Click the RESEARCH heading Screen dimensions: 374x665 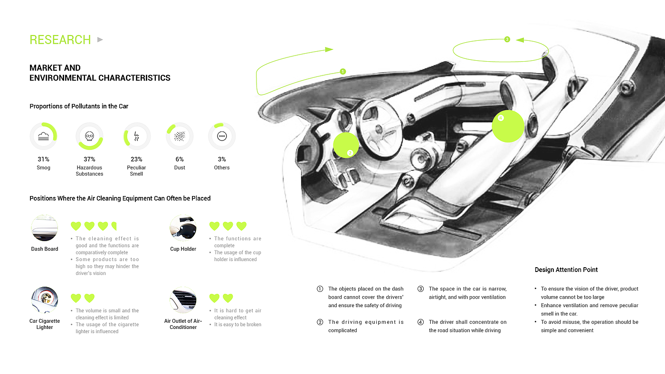[60, 40]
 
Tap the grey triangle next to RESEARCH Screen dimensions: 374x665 [100, 39]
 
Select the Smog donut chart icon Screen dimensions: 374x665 [43, 136]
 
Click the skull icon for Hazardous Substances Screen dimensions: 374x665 [89, 136]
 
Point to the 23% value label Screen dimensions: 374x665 [136, 159]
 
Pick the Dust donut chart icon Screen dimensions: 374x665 [179, 136]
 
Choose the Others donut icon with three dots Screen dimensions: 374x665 [221, 136]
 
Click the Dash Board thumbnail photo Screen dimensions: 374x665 [44, 228]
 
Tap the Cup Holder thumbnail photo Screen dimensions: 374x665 [183, 228]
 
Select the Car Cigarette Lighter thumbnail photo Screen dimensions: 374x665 [44, 300]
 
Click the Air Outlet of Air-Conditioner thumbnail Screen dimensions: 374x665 [183, 300]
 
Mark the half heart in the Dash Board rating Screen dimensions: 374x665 [114, 226]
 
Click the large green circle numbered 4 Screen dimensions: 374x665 [508, 126]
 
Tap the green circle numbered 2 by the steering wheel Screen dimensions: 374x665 [346, 145]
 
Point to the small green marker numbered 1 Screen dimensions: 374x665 [343, 72]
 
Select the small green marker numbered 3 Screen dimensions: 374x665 [507, 39]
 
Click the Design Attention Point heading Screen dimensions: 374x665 [566, 270]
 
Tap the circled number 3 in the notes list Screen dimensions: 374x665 [420, 289]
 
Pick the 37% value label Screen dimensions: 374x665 [89, 159]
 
